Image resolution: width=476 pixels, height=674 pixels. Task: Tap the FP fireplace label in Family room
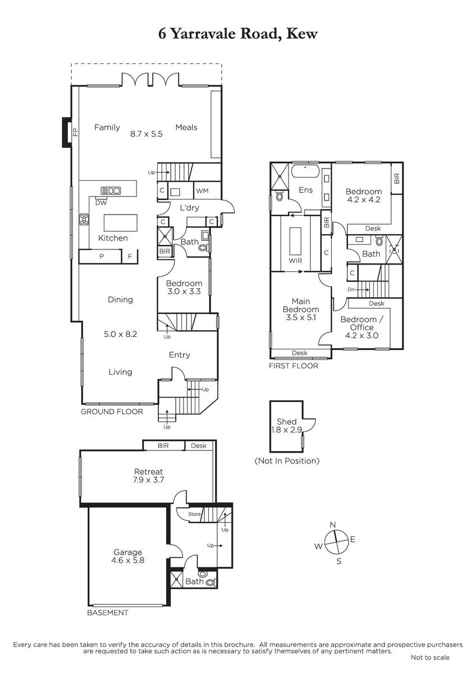pyautogui.click(x=75, y=132)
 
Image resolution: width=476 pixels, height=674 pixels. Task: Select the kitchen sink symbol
pyautogui.click(x=111, y=190)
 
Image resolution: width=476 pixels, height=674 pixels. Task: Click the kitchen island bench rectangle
pyautogui.click(x=121, y=223)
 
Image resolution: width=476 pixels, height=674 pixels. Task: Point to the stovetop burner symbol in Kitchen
pyautogui.click(x=84, y=219)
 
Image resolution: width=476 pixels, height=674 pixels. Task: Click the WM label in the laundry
pyautogui.click(x=202, y=191)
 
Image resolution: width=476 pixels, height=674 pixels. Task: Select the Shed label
pyautogui.click(x=287, y=422)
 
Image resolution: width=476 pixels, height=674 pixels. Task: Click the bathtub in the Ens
pyautogui.click(x=305, y=171)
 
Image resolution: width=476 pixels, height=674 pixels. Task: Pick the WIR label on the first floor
pyautogui.click(x=295, y=261)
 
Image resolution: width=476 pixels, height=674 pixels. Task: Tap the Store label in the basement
pyautogui.click(x=194, y=514)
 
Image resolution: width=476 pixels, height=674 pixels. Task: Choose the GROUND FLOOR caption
pyautogui.click(x=112, y=412)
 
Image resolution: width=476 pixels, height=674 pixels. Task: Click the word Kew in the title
pyautogui.click(x=301, y=34)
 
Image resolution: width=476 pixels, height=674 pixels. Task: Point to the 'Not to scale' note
pyautogui.click(x=430, y=666)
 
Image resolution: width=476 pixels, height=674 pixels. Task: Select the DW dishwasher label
pyautogui.click(x=101, y=203)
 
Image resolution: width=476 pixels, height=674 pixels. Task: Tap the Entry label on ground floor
pyautogui.click(x=180, y=355)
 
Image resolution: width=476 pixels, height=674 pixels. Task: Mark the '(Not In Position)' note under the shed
pyautogui.click(x=287, y=461)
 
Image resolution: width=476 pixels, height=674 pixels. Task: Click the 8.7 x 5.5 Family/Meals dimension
pyautogui.click(x=147, y=134)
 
